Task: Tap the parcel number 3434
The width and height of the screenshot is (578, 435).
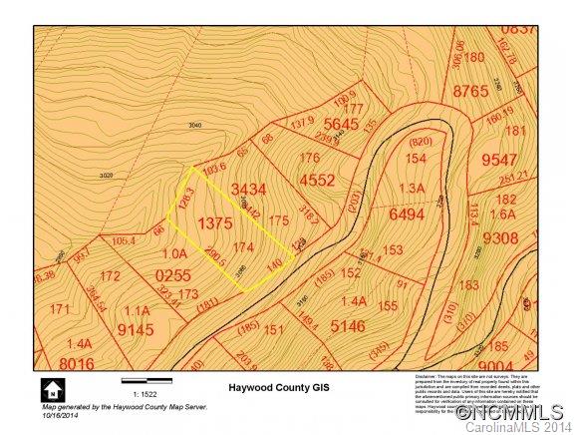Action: [x=248, y=189]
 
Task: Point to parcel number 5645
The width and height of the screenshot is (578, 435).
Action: [x=340, y=124]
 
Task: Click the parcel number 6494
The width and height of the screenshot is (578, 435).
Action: [x=407, y=215]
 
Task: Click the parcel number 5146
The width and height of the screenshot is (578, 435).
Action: [x=349, y=325]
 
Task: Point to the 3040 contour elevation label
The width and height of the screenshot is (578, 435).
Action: [x=194, y=126]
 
